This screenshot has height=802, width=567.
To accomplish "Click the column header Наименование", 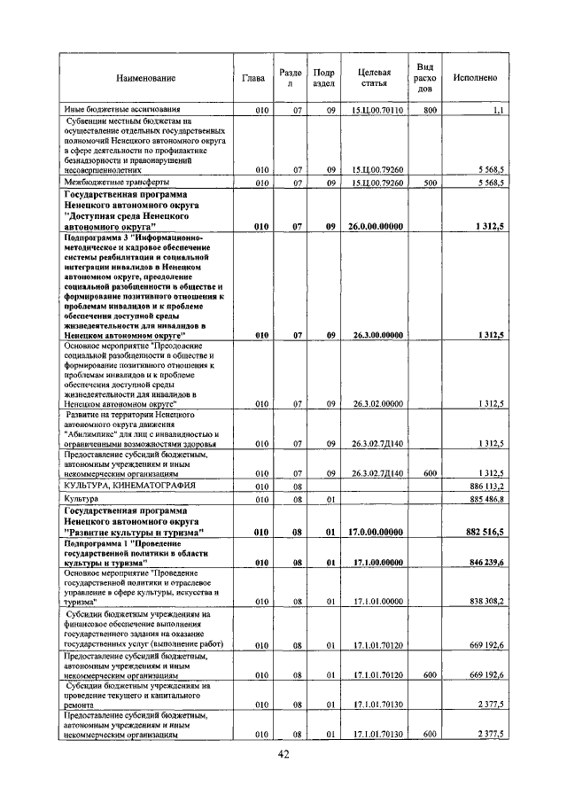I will coord(145,79).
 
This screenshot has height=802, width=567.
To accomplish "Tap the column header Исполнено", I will coord(475,78).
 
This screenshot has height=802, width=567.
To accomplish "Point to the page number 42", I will coord(283,754).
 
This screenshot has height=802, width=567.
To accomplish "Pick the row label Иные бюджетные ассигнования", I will coord(117,110).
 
